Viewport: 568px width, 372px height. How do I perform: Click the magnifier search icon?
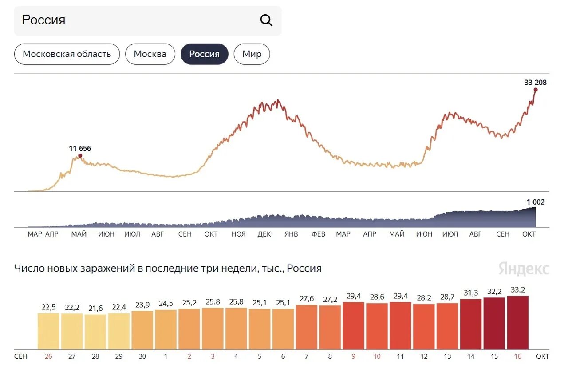(266, 20)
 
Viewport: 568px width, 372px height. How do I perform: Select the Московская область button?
(67, 54)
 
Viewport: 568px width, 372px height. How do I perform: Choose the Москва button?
(150, 54)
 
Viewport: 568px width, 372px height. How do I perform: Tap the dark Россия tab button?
(204, 54)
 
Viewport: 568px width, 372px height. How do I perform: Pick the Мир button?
(252, 54)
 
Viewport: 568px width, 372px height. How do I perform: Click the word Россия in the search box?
(43, 20)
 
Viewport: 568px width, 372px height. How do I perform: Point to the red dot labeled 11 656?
(80, 156)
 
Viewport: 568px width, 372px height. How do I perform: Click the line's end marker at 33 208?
(536, 90)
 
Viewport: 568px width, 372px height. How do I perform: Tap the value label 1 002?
(535, 202)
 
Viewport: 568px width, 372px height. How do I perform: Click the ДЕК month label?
(264, 234)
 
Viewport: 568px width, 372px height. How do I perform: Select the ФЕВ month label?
(318, 234)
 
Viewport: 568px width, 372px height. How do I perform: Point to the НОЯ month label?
(238, 234)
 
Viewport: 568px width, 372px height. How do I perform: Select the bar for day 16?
(517, 323)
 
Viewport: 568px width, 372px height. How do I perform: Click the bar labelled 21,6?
(95, 332)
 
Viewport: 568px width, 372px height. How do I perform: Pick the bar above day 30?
(142, 330)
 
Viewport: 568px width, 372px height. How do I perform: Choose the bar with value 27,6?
(307, 327)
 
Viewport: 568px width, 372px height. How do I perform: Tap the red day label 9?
(353, 356)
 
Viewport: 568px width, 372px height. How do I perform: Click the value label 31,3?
(470, 293)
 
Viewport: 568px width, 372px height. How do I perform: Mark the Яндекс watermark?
(524, 269)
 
